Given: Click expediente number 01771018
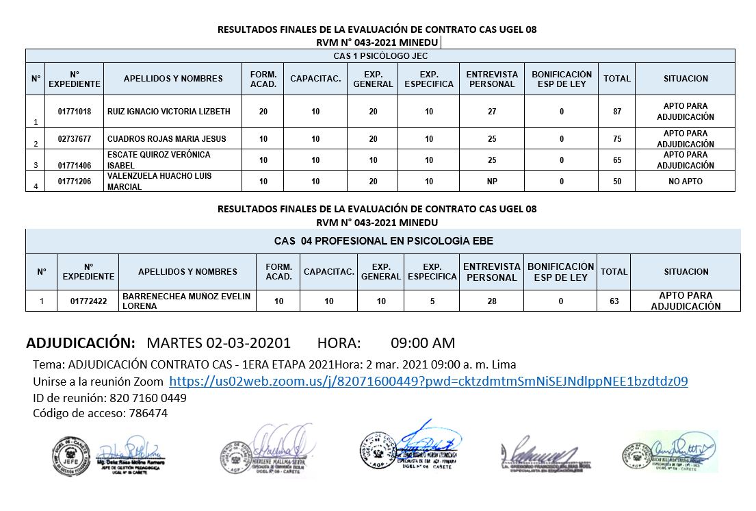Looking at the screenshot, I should [x=75, y=112].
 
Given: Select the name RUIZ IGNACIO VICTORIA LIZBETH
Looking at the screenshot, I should [x=169, y=112].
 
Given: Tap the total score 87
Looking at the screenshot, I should [x=617, y=112].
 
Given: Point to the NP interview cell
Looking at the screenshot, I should [x=491, y=182].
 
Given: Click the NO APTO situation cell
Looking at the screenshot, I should [x=685, y=182].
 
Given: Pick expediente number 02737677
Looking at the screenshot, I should [x=75, y=139].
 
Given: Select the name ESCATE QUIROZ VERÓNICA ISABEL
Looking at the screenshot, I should [x=159, y=160].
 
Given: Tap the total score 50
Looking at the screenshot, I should [x=617, y=182].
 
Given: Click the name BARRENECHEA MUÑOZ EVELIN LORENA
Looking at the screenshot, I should [x=186, y=301].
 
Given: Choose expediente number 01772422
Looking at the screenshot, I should [x=88, y=301].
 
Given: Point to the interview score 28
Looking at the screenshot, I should [x=491, y=301].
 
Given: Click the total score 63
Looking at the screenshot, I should [x=614, y=301].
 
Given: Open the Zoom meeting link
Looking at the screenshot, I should [x=428, y=382].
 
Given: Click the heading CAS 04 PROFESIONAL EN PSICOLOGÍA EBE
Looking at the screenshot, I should [x=383, y=241].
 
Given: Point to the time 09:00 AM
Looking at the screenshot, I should [x=422, y=343].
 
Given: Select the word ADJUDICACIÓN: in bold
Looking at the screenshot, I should [x=81, y=343].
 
